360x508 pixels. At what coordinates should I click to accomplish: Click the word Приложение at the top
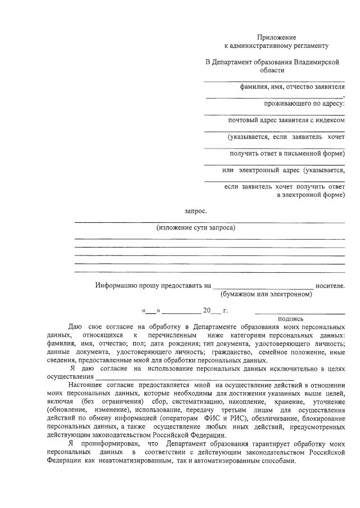(x=277, y=37)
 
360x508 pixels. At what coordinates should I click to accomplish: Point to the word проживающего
(x=286, y=104)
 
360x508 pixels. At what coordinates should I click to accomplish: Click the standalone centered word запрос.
(x=196, y=212)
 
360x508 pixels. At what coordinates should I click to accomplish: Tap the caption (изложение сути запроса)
(x=196, y=228)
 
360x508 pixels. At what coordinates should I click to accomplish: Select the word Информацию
(x=116, y=285)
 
